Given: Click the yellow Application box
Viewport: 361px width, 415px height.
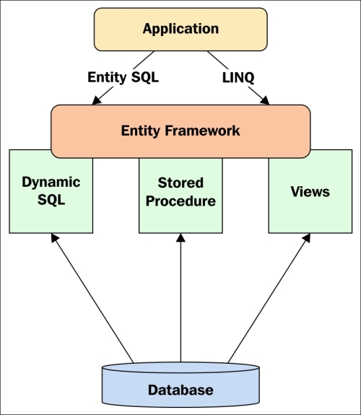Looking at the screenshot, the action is click(x=180, y=29).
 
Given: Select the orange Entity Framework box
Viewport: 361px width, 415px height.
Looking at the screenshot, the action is click(x=180, y=131).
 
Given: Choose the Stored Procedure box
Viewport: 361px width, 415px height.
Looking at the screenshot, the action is click(x=180, y=196).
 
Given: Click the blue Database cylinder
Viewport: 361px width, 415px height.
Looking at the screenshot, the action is click(x=180, y=384).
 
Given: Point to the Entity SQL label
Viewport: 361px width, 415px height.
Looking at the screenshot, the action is click(x=123, y=77).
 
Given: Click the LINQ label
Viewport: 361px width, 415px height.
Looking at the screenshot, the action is click(x=238, y=77).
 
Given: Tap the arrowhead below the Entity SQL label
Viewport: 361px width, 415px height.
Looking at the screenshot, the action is click(x=97, y=100).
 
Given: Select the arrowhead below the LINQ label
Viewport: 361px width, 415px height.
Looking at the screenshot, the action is click(x=265, y=100).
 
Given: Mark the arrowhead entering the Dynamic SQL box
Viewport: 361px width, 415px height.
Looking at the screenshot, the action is click(x=54, y=237).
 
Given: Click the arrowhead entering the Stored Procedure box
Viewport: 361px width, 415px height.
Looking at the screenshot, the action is click(x=180, y=237).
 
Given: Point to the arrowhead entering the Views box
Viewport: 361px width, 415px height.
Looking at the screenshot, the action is click(x=307, y=237).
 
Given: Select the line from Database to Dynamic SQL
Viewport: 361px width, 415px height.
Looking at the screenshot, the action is click(x=92, y=298).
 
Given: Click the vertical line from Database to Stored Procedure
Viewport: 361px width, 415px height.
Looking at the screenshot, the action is click(x=180, y=297).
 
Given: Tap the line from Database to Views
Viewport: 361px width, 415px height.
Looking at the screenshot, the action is click(x=269, y=298).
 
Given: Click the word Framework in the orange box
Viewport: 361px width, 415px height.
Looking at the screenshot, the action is click(x=202, y=131).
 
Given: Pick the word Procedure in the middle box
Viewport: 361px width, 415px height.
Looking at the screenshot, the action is click(x=180, y=201).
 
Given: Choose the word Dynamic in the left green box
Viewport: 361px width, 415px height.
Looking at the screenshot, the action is click(x=51, y=183).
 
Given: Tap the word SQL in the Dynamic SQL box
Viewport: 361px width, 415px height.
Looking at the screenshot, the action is click(x=51, y=199).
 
